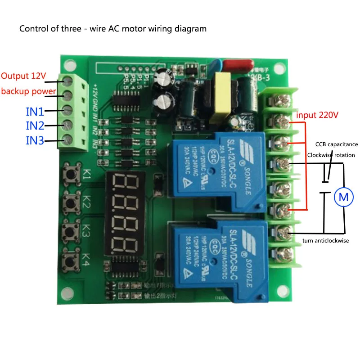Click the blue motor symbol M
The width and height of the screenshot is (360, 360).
pyautogui.click(x=343, y=196)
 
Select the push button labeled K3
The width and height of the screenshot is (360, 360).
pyautogui.click(x=71, y=231)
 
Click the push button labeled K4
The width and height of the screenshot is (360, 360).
pyautogui.click(x=71, y=260)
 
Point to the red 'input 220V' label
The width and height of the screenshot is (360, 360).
pyautogui.click(x=317, y=115)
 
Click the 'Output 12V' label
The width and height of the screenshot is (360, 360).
pyautogui.click(x=23, y=76)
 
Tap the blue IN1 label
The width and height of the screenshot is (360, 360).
pyautogui.click(x=35, y=110)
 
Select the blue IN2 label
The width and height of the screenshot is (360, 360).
pyautogui.click(x=35, y=125)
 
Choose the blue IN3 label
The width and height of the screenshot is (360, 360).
pyautogui.click(x=35, y=141)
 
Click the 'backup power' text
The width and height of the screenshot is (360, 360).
pyautogui.click(x=29, y=91)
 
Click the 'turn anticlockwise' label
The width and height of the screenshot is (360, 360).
pyautogui.click(x=326, y=241)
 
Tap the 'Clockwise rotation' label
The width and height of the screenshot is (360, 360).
pyautogui.click(x=331, y=155)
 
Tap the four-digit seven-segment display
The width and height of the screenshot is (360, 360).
pyautogui.click(x=122, y=213)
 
